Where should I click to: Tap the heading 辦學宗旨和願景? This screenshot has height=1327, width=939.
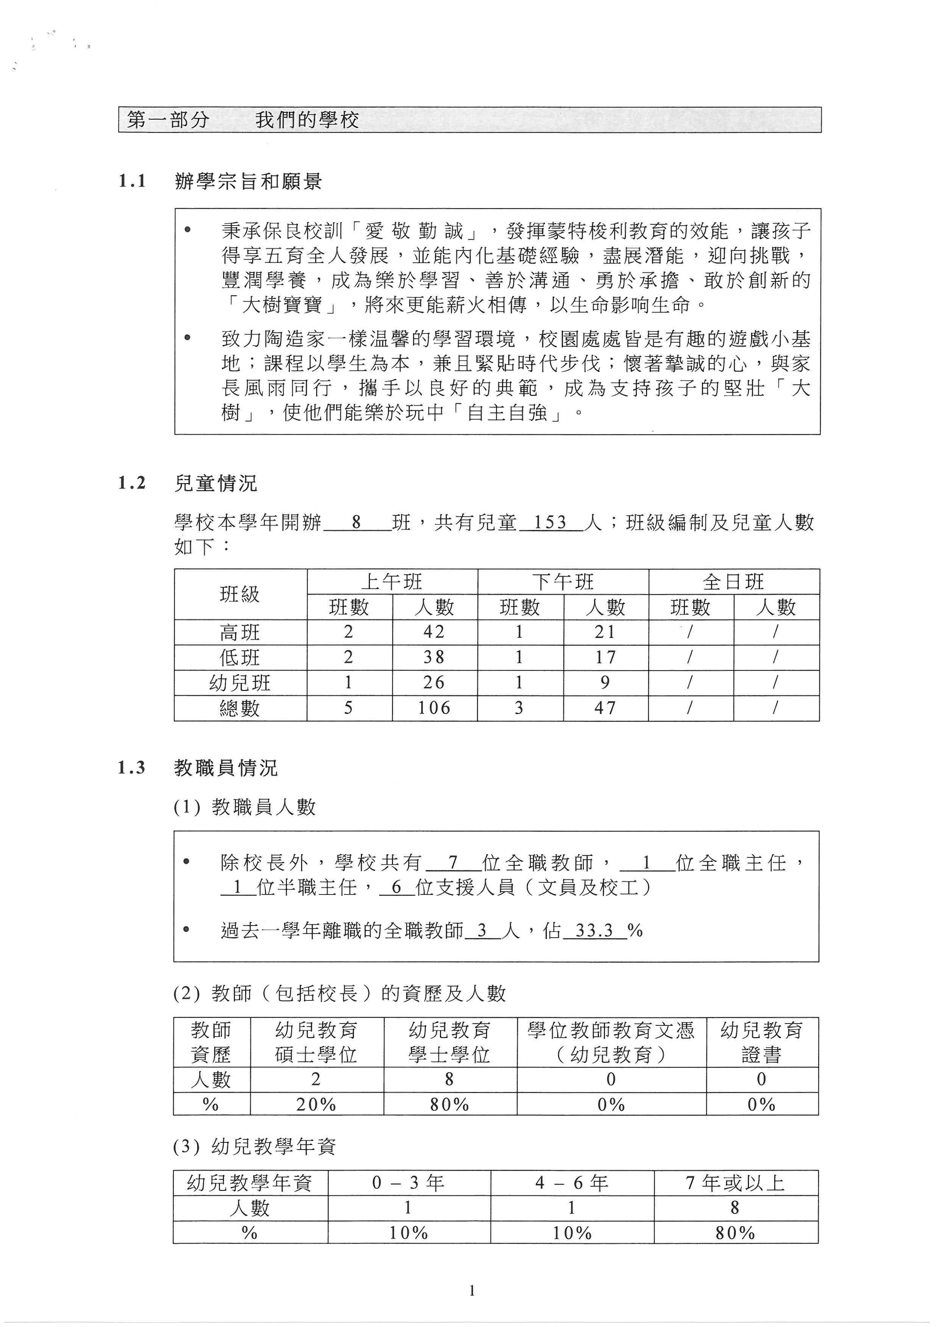[x=248, y=182]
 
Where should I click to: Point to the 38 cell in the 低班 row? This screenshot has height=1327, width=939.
[x=434, y=657]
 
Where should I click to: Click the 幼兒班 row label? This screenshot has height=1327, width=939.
[x=240, y=683]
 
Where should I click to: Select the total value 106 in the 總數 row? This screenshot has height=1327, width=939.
[x=434, y=708]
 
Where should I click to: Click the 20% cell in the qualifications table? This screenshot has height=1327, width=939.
[x=316, y=1105]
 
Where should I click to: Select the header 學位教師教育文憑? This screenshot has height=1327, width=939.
[x=611, y=1030]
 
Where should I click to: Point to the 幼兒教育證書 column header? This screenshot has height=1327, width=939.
[x=761, y=1042]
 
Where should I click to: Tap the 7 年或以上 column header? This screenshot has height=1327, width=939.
[x=735, y=1183]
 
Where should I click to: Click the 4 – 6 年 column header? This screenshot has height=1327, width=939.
[x=571, y=1183]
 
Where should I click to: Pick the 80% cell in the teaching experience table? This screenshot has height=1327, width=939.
[x=735, y=1233]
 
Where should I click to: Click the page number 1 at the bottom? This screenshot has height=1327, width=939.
[x=472, y=1291]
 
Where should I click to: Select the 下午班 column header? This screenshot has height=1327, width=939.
[x=563, y=582]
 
